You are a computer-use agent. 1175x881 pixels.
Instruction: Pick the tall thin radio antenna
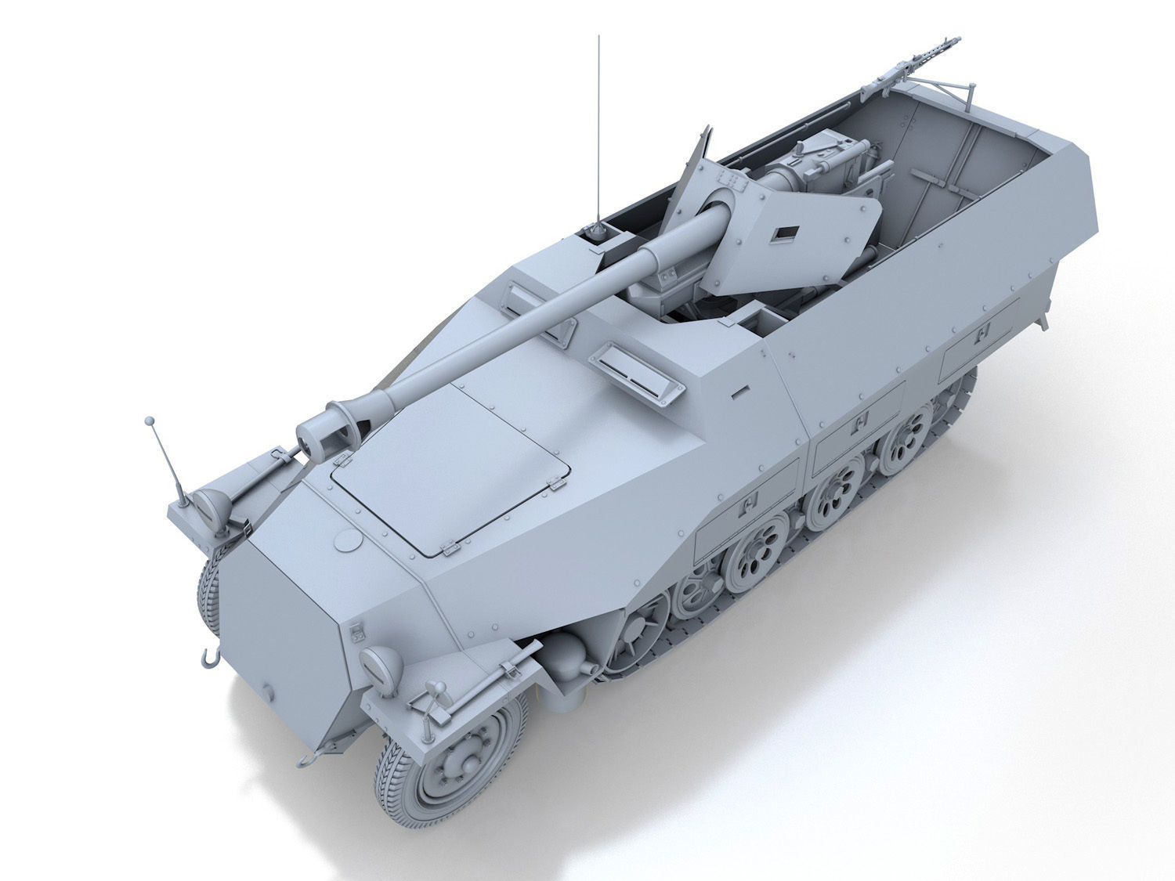[x=599, y=133]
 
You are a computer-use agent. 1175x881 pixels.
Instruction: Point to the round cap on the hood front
[x=348, y=540]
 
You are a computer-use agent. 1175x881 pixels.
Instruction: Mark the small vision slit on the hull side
[x=740, y=388]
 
